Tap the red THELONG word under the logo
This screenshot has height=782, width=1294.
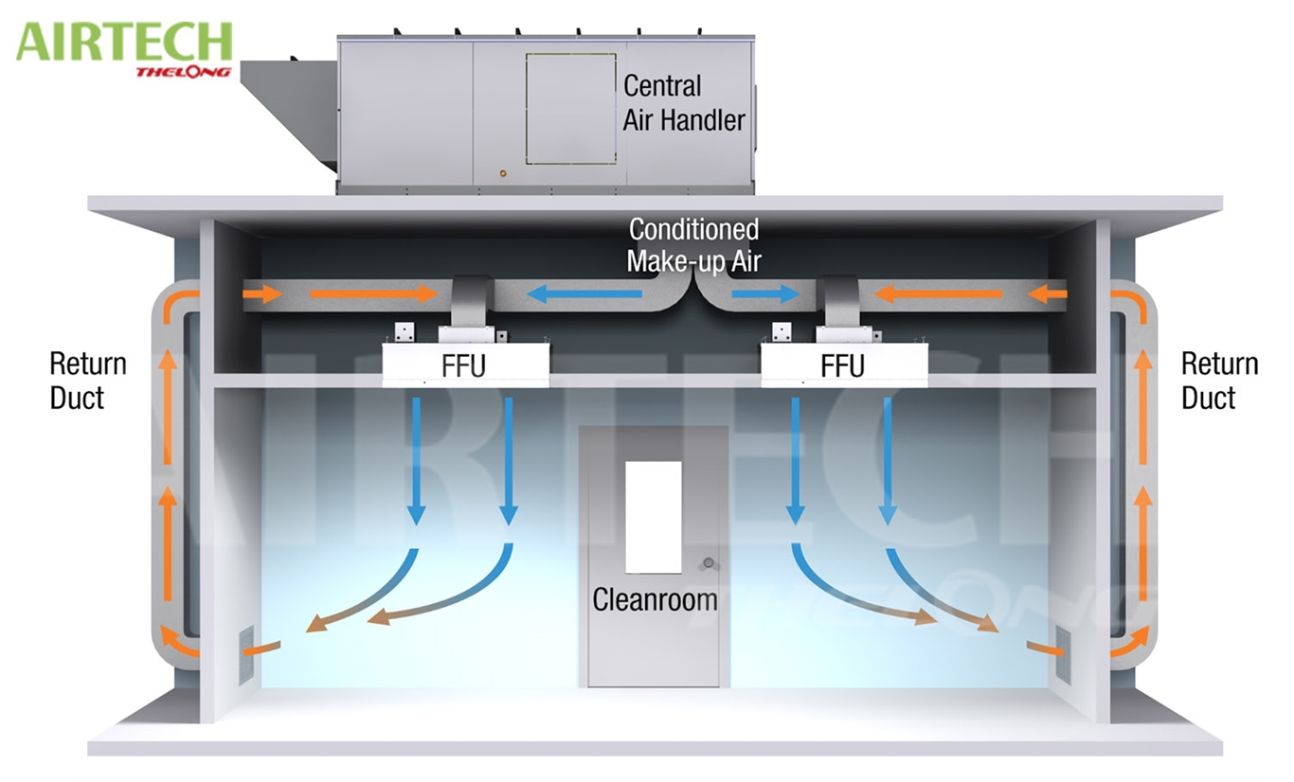183,72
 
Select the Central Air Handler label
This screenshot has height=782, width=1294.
684,102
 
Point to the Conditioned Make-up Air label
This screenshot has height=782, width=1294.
693,245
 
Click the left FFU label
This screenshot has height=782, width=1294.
463,365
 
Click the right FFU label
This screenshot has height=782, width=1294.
842,365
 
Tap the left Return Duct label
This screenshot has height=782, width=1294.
88,381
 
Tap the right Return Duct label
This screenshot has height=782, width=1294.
1220,381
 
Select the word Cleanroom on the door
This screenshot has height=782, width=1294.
655,599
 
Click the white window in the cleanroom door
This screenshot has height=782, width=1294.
654,517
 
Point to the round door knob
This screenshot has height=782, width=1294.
708,565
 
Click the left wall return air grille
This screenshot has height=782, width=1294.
246,654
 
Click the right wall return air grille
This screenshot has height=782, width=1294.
1063,654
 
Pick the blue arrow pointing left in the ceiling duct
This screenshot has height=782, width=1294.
584,295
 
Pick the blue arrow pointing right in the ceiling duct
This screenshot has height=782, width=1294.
766,294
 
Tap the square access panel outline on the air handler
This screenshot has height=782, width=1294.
570,109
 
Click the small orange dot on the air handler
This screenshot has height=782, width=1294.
502,174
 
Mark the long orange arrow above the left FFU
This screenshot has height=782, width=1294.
372,295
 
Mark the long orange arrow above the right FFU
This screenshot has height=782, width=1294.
938,295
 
